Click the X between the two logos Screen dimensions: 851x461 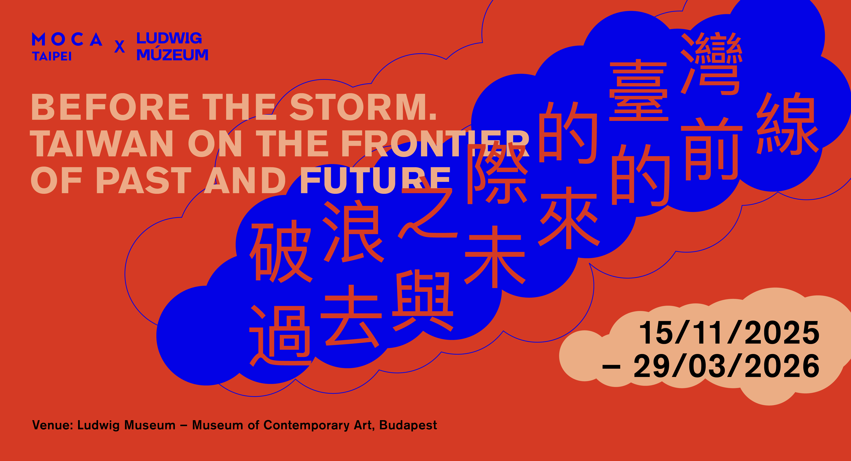pyautogui.click(x=120, y=47)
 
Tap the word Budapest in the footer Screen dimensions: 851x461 pyautogui.click(x=408, y=425)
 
